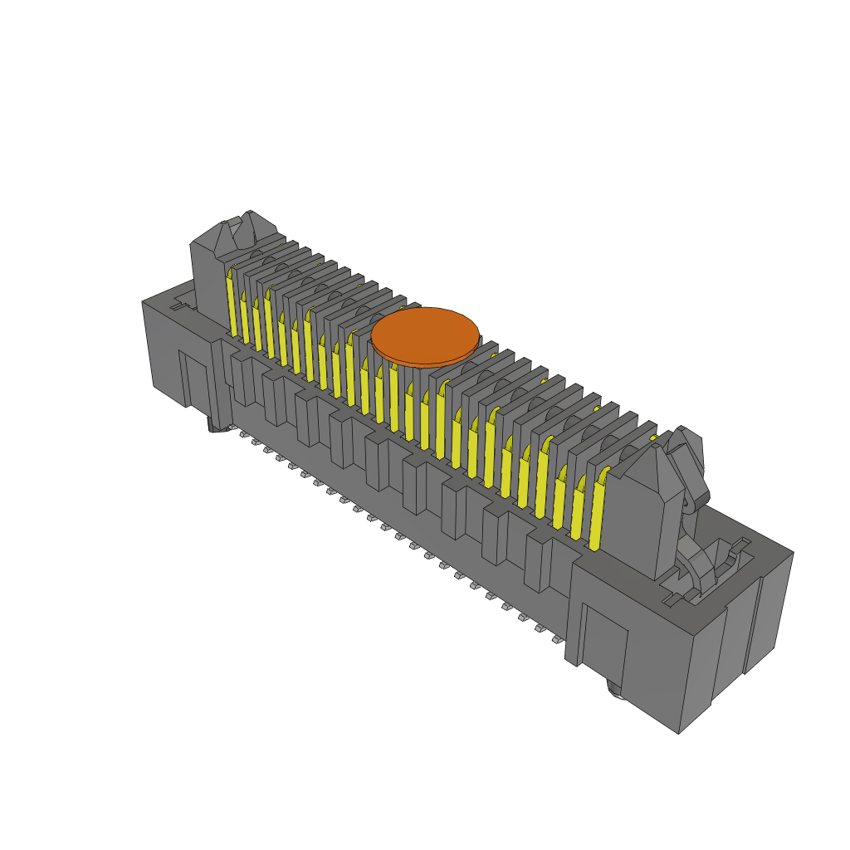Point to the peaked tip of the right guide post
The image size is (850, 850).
pos(656,448)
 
